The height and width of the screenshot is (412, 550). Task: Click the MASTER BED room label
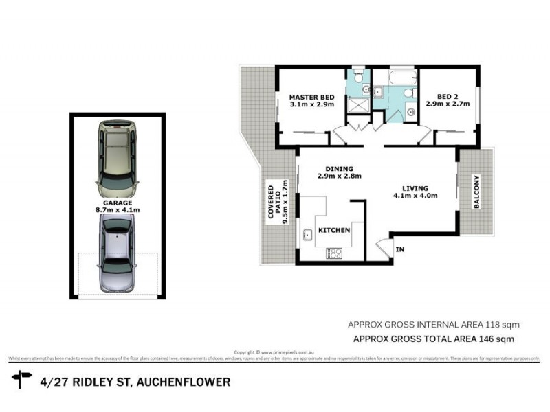(311, 97)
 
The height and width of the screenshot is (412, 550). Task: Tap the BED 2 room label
(447, 97)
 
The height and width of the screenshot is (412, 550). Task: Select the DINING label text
(340, 169)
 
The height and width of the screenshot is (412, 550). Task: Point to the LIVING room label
(415, 188)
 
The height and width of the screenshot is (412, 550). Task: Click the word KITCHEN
(334, 230)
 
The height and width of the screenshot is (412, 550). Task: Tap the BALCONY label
(476, 192)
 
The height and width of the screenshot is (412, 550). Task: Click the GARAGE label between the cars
(117, 203)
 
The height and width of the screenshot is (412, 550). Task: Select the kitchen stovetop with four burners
(334, 253)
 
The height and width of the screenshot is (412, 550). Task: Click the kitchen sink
(307, 236)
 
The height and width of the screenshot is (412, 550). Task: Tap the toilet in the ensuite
(357, 78)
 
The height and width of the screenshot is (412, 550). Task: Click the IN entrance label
(400, 250)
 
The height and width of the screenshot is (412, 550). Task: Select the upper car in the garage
(117, 157)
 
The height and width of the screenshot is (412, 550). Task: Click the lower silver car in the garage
(117, 253)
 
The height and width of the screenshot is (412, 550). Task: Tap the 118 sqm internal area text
(505, 324)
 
